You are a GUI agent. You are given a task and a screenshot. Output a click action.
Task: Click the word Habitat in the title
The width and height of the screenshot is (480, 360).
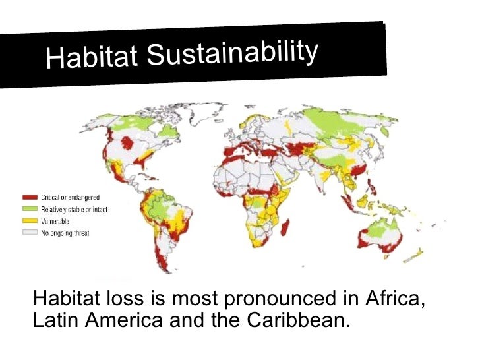[92, 58]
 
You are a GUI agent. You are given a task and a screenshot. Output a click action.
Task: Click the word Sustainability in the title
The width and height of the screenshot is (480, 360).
[233, 51]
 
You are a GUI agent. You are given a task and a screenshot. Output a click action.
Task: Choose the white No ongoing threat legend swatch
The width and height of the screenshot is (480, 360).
[30, 233]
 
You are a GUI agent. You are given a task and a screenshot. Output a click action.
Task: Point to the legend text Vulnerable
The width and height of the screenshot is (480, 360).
[55, 222]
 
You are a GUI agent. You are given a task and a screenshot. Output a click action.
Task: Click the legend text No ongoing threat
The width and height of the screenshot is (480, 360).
[65, 233]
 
